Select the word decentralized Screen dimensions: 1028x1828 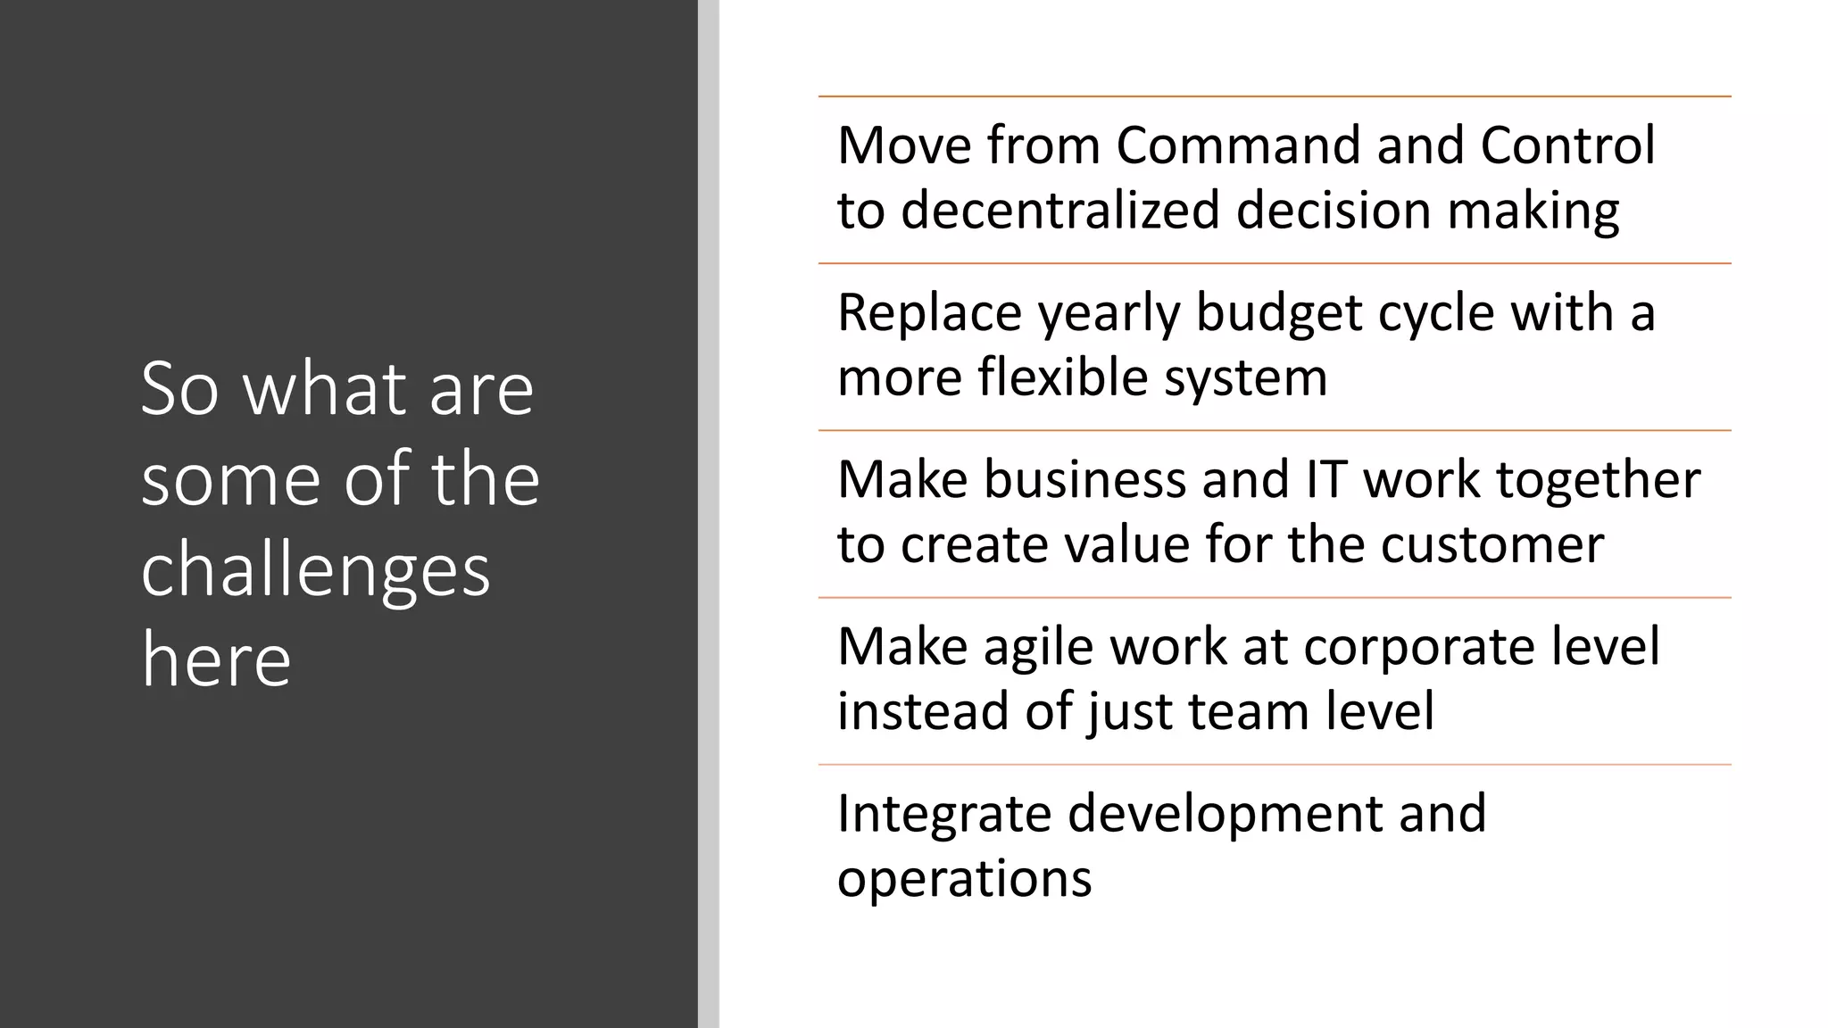point(1060,211)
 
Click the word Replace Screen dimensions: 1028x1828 point(918,313)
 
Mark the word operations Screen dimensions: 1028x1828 point(964,880)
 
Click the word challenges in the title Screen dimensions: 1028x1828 point(316,571)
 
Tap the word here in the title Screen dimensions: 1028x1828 point(216,659)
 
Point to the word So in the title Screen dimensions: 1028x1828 point(179,389)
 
